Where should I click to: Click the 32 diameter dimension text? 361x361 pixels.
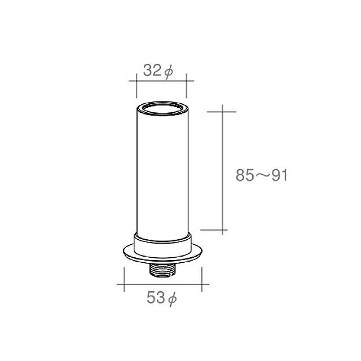[x=158, y=71]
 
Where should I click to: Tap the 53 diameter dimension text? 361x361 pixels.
[x=162, y=298]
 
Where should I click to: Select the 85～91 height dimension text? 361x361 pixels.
[x=262, y=175]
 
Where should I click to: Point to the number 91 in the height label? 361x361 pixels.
[x=280, y=175]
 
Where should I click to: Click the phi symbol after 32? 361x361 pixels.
[x=169, y=72]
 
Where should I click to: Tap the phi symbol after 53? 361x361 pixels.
[x=173, y=299]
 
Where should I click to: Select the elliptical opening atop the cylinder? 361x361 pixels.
[x=162, y=108]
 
